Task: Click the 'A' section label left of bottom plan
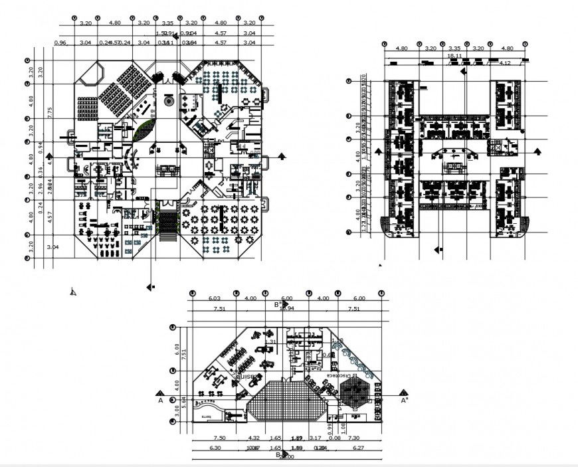(160, 400)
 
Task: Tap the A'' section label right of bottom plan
(404, 400)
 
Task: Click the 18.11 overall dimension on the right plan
(454, 56)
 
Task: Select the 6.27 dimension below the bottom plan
(359, 448)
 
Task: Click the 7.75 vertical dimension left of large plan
(49, 112)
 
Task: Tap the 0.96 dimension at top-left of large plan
(60, 43)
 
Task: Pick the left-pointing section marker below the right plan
(438, 250)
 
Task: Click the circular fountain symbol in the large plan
(168, 102)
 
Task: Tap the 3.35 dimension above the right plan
(454, 48)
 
